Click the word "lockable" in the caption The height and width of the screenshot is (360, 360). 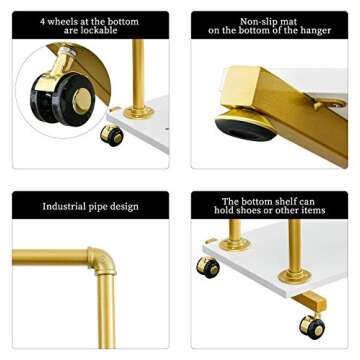pyautogui.click(x=98, y=31)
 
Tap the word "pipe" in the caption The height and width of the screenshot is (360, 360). pyautogui.click(x=104, y=207)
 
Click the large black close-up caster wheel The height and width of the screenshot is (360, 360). pyautogui.click(x=68, y=97)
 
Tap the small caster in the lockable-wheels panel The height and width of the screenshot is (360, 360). pyautogui.click(x=112, y=134)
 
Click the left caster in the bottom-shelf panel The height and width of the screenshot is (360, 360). pyautogui.click(x=208, y=267)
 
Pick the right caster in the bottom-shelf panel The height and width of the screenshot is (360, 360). pyautogui.click(x=311, y=326)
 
